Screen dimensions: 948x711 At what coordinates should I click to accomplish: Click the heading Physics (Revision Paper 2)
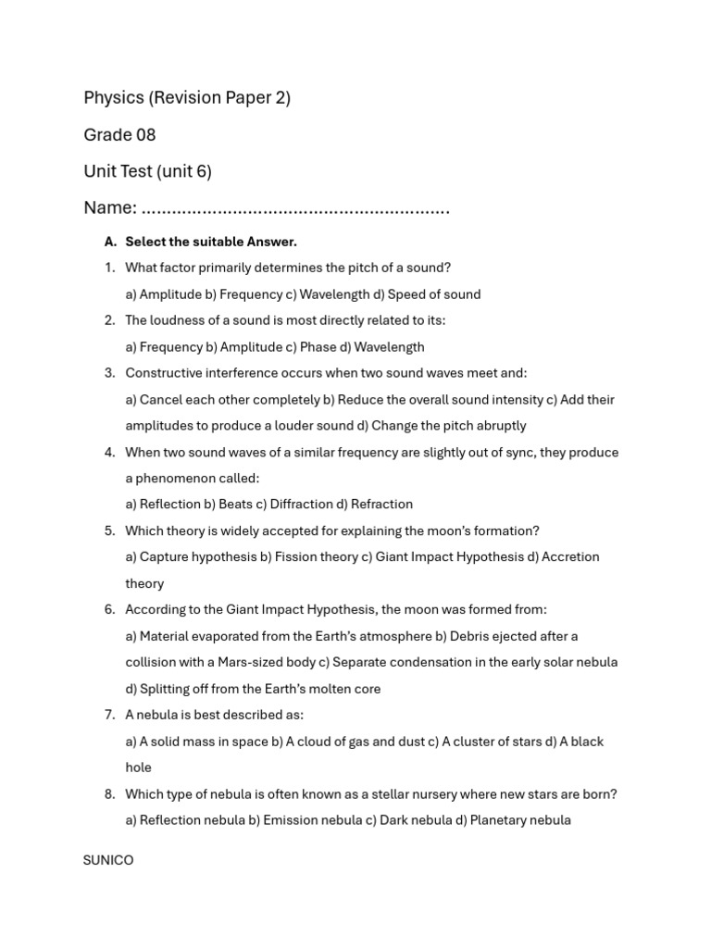click(x=187, y=98)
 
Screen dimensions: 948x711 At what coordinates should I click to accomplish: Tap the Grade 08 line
click(x=119, y=135)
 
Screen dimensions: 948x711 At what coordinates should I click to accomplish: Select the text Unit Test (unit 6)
click(x=147, y=171)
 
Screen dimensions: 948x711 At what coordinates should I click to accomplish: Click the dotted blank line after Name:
click(x=296, y=209)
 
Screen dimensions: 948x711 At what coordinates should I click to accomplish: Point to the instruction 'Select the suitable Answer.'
click(x=211, y=242)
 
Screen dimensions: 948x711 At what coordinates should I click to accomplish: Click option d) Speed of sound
click(x=427, y=294)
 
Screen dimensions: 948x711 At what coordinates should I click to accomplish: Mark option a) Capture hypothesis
click(x=192, y=557)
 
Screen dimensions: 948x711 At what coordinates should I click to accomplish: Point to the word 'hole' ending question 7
click(x=138, y=767)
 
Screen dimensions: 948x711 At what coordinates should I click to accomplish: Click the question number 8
click(x=109, y=794)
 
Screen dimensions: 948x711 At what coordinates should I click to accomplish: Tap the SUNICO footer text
click(x=108, y=860)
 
